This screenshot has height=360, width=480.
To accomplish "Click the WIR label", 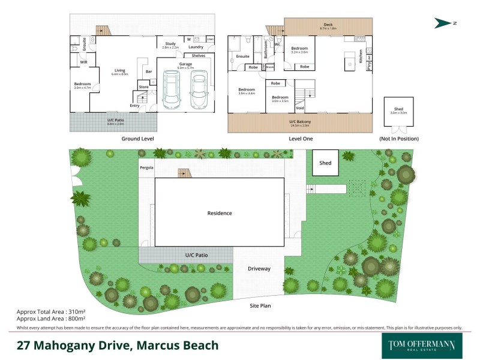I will pos(85,61).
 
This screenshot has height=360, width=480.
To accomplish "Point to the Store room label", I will pos(143,87).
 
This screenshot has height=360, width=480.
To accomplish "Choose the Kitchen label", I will pos(361,57).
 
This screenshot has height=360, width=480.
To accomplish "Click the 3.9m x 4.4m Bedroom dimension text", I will pos(247,93).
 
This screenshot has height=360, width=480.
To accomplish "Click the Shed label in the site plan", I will pos(325,162).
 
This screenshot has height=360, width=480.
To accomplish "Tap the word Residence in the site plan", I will pos(219,213).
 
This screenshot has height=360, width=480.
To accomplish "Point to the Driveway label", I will pos(260,269).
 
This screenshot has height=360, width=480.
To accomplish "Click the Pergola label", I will pos(147,167).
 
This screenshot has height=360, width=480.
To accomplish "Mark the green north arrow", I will pos(445,23).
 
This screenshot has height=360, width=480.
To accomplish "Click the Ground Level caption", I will pos(138,139).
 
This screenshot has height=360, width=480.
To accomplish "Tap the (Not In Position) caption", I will pos(398,139).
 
